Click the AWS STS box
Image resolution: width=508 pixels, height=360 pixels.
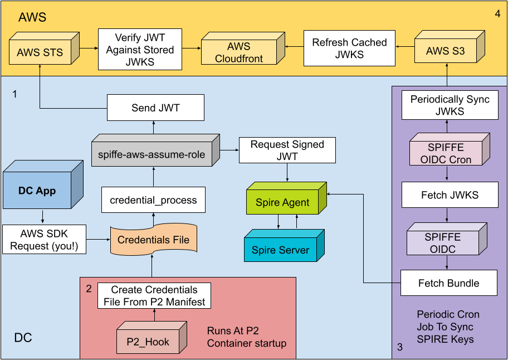click(40, 52)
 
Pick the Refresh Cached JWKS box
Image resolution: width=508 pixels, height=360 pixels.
click(349, 48)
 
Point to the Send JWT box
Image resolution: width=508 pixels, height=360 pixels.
click(155, 108)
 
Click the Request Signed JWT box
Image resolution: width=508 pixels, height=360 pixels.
click(287, 150)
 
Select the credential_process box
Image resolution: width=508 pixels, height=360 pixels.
click(153, 200)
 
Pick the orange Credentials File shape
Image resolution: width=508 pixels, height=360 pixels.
click(154, 240)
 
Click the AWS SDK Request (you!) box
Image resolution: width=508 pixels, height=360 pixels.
click(45, 239)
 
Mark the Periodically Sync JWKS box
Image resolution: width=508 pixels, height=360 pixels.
click(450, 105)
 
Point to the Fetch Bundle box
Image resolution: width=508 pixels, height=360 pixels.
click(448, 283)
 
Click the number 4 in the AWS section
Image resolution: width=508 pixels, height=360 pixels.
click(497, 13)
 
